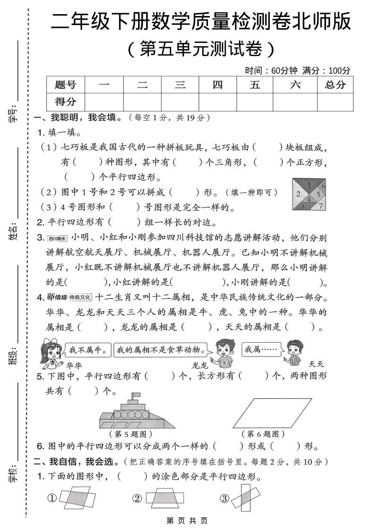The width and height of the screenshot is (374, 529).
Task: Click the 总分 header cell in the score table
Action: (x=335, y=85)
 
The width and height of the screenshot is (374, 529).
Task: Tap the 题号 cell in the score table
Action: (x=65, y=85)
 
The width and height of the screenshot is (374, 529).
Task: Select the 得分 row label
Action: (x=65, y=101)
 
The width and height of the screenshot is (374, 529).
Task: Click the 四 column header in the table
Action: (x=217, y=85)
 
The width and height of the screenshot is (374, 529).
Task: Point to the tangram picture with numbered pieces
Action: (x=309, y=194)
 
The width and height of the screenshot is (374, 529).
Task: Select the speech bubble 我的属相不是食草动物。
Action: (x=161, y=350)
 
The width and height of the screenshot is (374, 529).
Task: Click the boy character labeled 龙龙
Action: (x=224, y=354)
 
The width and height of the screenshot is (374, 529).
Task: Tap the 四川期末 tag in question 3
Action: (x=58, y=238)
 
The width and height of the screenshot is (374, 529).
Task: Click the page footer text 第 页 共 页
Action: (x=187, y=521)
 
